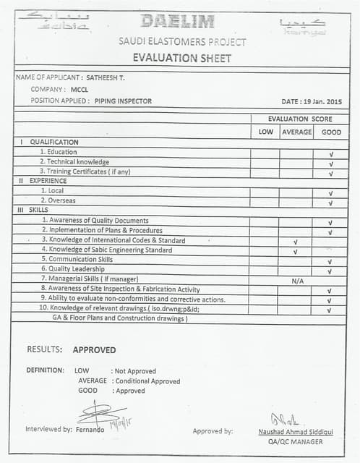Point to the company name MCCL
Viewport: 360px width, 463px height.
tap(80, 89)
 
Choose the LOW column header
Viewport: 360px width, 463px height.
tap(265, 132)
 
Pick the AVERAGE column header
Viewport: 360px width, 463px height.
tap(296, 132)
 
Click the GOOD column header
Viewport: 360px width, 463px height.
tap(331, 132)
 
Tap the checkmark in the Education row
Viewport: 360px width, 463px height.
tap(330, 153)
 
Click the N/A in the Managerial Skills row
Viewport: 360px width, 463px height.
tap(296, 279)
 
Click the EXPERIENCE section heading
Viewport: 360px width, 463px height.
tap(48, 181)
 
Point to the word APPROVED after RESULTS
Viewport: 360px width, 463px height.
tap(94, 349)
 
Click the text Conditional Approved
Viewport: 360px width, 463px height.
tap(147, 381)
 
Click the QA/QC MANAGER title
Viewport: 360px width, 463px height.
tap(295, 441)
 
